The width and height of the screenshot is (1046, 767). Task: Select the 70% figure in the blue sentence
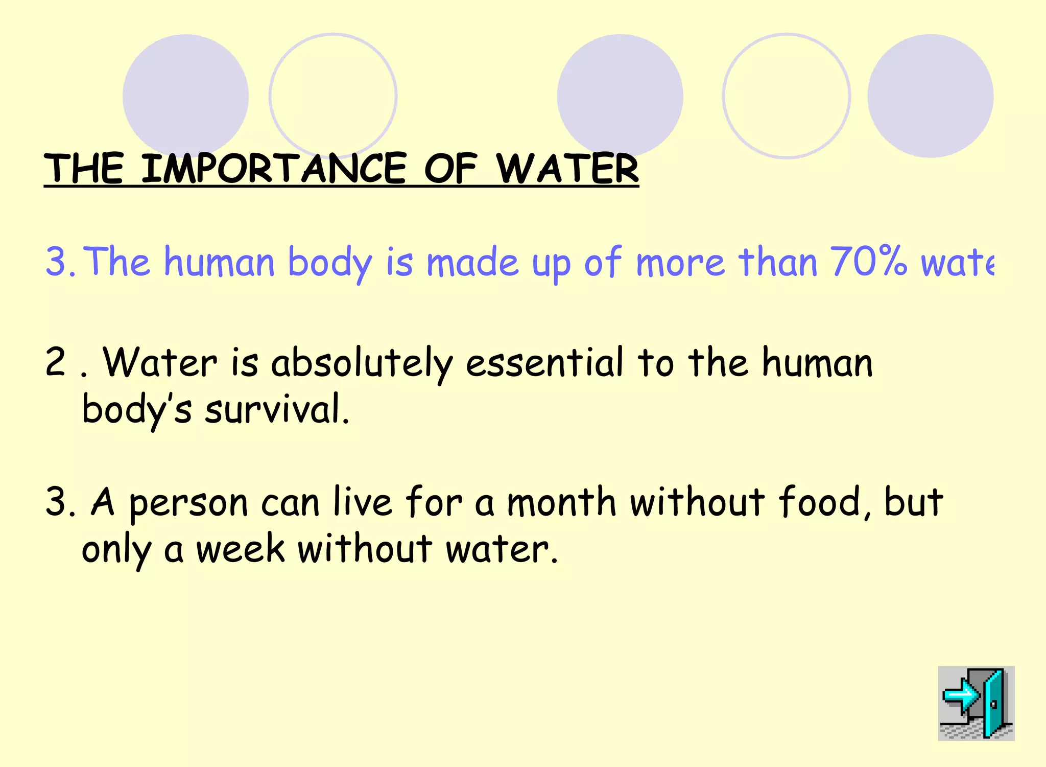pyautogui.click(x=868, y=262)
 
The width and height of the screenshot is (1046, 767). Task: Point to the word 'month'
pyautogui.click(x=561, y=502)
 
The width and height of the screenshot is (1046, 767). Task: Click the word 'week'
pyautogui.click(x=241, y=549)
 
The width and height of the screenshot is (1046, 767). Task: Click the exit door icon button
pyautogui.click(x=976, y=703)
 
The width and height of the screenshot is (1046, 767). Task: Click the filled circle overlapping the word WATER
pyautogui.click(x=620, y=92)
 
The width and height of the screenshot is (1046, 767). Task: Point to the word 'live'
pyautogui.click(x=363, y=502)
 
